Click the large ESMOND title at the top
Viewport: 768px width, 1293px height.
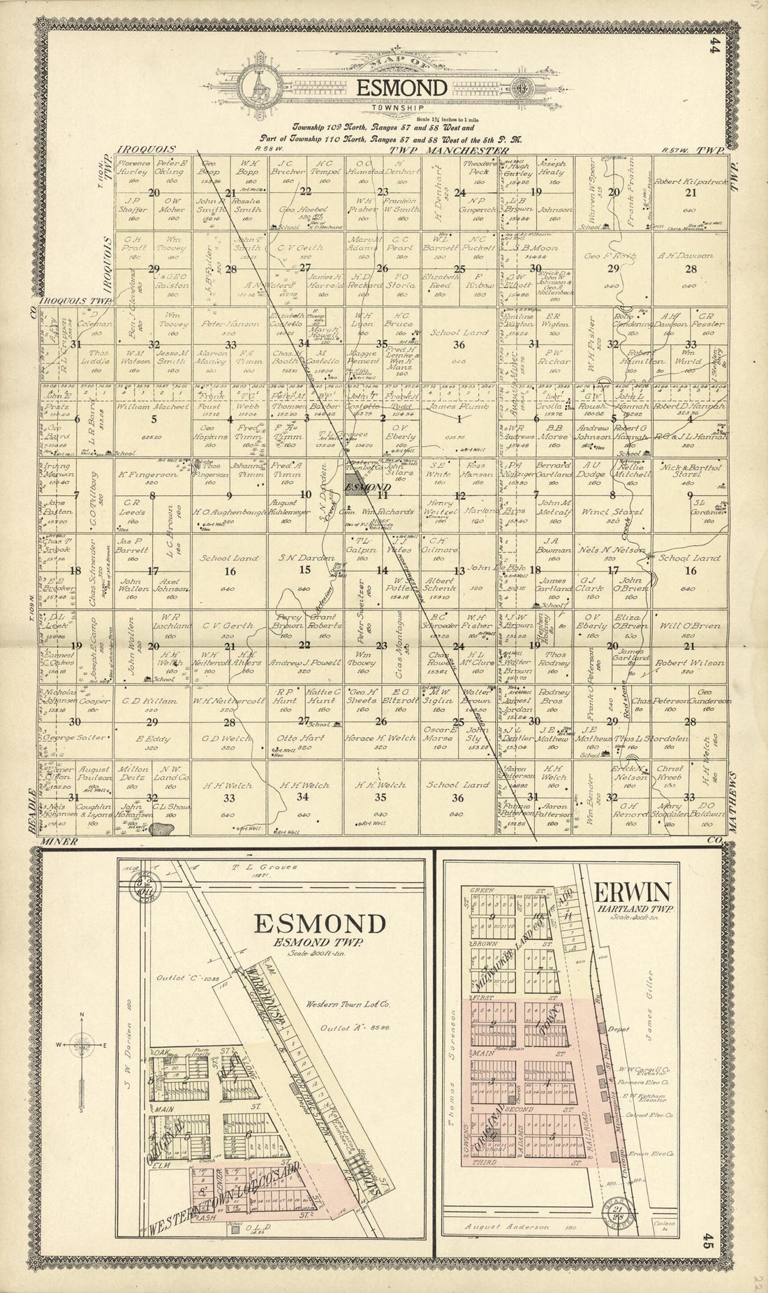401,88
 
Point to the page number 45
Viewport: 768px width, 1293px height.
708,1242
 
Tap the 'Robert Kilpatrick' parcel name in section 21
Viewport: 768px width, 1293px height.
687,180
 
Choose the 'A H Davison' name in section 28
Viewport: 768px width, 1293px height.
686,256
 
